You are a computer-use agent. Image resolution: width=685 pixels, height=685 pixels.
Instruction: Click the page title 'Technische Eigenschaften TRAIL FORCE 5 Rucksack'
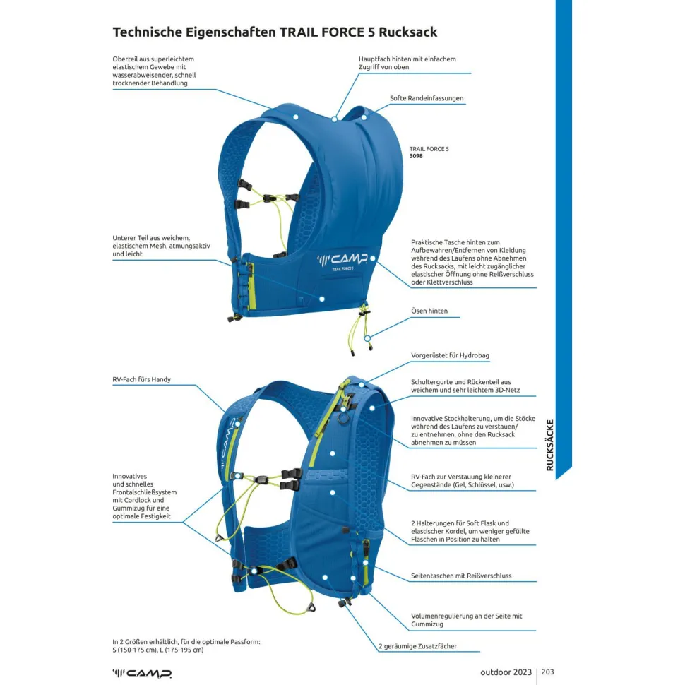click(x=275, y=32)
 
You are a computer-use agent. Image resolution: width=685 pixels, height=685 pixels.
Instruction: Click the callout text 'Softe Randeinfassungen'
click(x=427, y=98)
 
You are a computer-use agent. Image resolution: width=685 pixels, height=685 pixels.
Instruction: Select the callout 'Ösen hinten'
click(x=429, y=311)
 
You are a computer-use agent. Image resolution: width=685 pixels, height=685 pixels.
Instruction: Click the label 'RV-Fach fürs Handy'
click(x=141, y=379)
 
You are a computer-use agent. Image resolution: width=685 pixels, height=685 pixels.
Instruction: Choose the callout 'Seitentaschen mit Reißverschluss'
click(x=461, y=576)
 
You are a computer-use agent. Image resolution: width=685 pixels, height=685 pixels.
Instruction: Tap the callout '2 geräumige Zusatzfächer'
click(x=419, y=646)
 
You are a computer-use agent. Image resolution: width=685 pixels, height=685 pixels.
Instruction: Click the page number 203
click(x=547, y=672)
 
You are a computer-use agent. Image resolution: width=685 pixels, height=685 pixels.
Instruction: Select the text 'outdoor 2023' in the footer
click(x=506, y=672)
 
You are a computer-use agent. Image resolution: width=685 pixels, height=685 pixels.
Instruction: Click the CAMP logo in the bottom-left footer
click(x=142, y=672)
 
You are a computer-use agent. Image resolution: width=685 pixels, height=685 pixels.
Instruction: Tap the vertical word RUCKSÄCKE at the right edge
click(x=550, y=445)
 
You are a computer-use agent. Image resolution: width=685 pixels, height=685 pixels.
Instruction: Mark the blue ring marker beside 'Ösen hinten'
click(x=367, y=338)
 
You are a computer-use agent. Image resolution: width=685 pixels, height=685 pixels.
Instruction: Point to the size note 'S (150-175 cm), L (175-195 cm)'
click(x=158, y=650)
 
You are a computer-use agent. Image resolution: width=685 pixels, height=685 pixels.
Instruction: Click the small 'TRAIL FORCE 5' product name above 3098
click(x=429, y=149)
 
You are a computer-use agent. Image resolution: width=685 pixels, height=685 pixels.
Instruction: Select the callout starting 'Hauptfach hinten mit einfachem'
click(x=407, y=63)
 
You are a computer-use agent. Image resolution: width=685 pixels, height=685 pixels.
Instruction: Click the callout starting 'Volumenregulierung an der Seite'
click(x=466, y=620)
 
